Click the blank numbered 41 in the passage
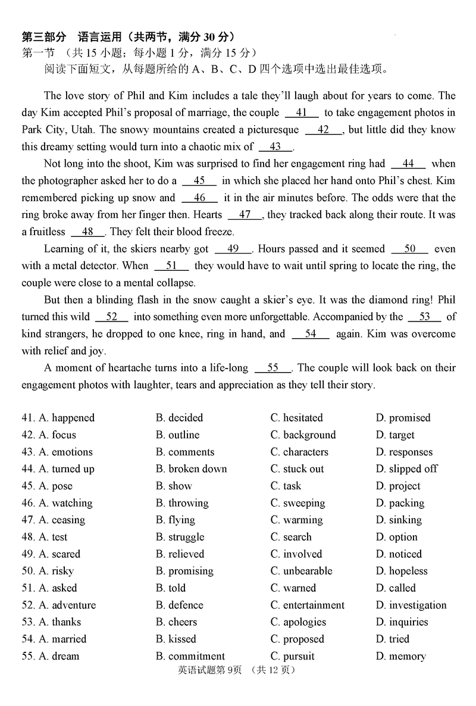[x=302, y=113]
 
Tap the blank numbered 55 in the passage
[x=273, y=368]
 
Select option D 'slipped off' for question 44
[x=406, y=469]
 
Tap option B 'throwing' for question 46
[x=182, y=503]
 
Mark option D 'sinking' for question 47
[x=399, y=520]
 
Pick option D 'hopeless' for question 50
[x=402, y=571]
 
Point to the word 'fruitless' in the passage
[x=44, y=232]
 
